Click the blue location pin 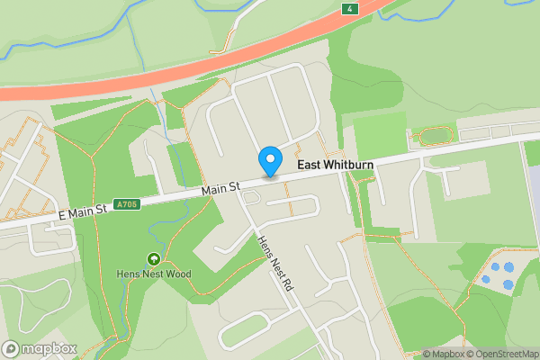click(269, 161)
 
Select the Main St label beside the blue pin click(220, 189)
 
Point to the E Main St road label click(83, 210)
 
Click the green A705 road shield click(127, 205)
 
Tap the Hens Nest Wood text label click(154, 274)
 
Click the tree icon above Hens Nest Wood click(154, 259)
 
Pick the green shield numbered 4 click(348, 9)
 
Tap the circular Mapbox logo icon click(12, 348)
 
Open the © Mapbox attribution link click(444, 354)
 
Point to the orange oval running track click(434, 136)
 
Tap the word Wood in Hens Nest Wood click(179, 274)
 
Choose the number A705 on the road click(127, 205)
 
